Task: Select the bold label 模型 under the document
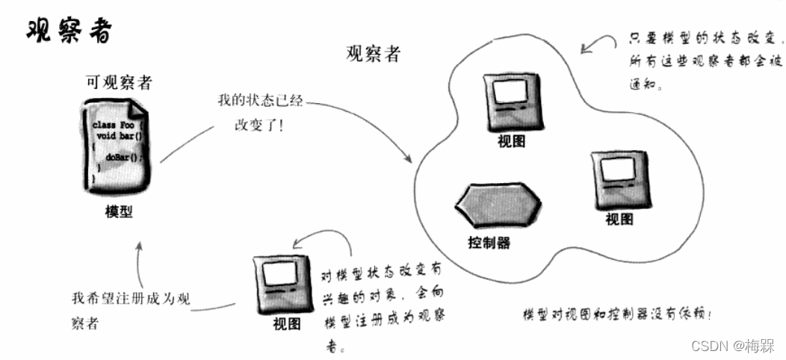119,211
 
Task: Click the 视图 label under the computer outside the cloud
287,323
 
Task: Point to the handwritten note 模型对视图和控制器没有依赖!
617,314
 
